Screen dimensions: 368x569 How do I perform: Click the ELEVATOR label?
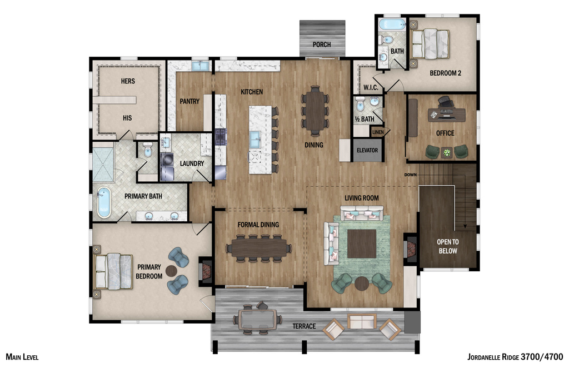367,151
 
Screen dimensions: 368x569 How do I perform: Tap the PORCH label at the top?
322,44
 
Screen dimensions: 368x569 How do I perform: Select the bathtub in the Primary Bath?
104,202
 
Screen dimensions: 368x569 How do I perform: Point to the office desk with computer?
446,113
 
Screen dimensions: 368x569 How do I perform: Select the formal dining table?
258,248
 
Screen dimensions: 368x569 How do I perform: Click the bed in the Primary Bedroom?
114,271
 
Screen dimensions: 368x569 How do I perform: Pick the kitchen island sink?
255,139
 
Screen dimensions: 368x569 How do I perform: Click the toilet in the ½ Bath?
360,104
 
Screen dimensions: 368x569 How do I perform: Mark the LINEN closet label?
378,132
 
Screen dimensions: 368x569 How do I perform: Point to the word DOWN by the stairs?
411,175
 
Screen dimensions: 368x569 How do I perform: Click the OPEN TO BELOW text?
447,246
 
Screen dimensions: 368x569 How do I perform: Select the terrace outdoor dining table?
257,320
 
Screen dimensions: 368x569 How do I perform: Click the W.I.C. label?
371,87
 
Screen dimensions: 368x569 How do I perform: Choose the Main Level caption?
22,357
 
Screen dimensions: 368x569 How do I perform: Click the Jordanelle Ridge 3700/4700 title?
515,357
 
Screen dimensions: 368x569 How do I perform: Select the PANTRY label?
189,101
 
